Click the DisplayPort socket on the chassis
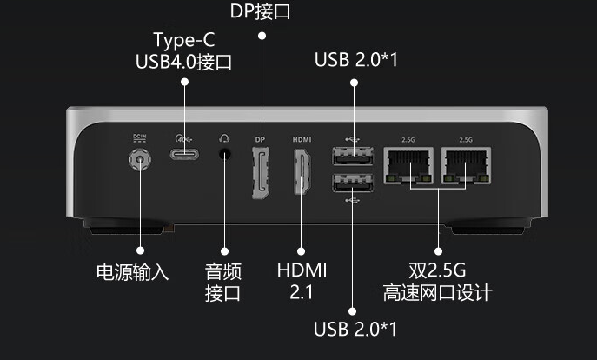click(x=260, y=171)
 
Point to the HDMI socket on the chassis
click(x=302, y=172)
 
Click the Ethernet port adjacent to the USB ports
click(x=409, y=164)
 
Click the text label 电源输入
click(x=132, y=272)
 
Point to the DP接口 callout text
click(x=260, y=12)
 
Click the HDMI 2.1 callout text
click(x=302, y=280)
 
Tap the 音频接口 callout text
click(x=223, y=281)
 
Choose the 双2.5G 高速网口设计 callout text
click(x=437, y=280)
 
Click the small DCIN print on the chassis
click(x=139, y=137)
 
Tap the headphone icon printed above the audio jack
click(x=225, y=137)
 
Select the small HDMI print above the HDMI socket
click(x=302, y=139)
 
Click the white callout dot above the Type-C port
click(x=184, y=82)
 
